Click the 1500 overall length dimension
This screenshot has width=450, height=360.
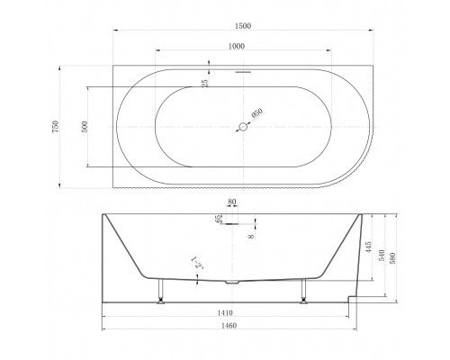pos(243,26)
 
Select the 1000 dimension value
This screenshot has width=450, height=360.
pos(237,46)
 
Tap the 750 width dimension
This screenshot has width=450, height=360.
pos(56,127)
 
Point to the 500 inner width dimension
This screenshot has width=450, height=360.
pos(85,127)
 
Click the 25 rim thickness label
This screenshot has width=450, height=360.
pos(205,83)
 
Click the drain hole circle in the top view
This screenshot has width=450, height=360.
pos(243,127)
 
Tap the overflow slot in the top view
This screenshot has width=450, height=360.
pos(243,72)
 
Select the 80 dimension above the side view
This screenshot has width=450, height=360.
pos(232,202)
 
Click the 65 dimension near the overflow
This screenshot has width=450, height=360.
pos(219,219)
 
